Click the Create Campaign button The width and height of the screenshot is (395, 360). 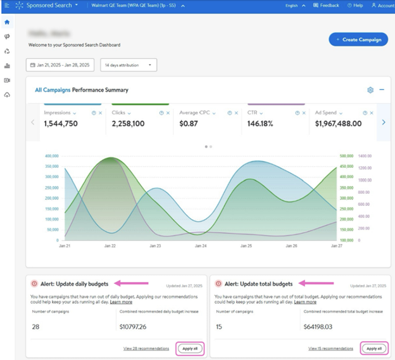[358, 39]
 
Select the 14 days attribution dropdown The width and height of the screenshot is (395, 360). [129, 65]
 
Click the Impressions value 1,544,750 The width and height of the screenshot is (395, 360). [61, 124]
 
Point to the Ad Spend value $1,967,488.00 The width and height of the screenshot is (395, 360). [338, 124]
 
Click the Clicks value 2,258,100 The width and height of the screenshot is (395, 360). [128, 124]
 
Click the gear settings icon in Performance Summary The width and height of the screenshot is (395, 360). [370, 90]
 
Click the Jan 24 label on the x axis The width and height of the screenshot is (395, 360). [200, 246]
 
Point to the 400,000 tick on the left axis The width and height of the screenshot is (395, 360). [51, 156]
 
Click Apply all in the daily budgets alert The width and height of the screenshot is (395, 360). [189, 349]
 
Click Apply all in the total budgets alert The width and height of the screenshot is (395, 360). [373, 349]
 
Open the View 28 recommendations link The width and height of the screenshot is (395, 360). [146, 349]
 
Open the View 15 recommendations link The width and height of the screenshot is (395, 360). [330, 349]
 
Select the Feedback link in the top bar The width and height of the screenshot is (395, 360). [326, 5]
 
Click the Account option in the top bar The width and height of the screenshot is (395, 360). [382, 5]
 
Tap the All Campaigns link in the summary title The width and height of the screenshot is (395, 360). [53, 90]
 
